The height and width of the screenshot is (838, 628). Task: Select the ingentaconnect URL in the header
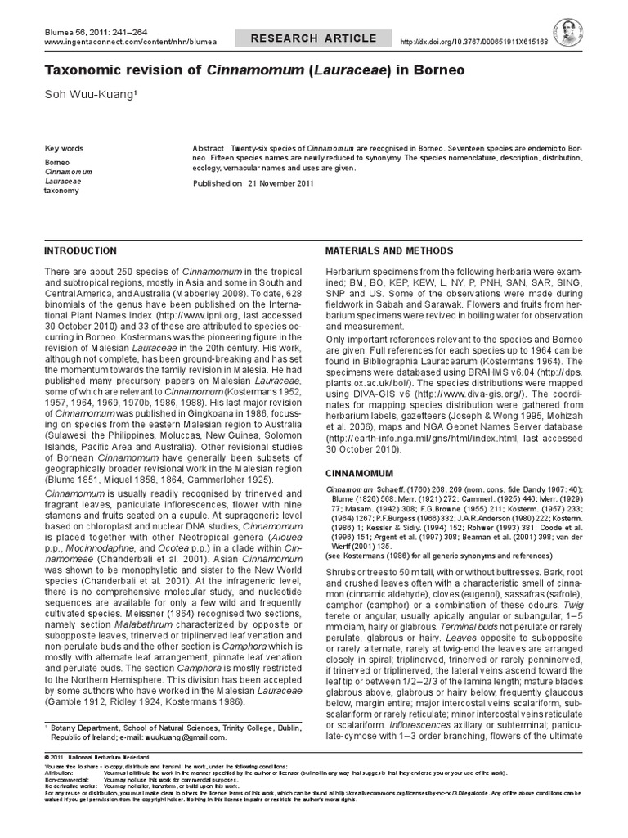pyautogui.click(x=115, y=42)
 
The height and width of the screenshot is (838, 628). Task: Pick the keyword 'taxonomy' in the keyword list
pyautogui.click(x=61, y=191)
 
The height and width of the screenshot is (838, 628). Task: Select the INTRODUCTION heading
pyautogui.click(x=80, y=250)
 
